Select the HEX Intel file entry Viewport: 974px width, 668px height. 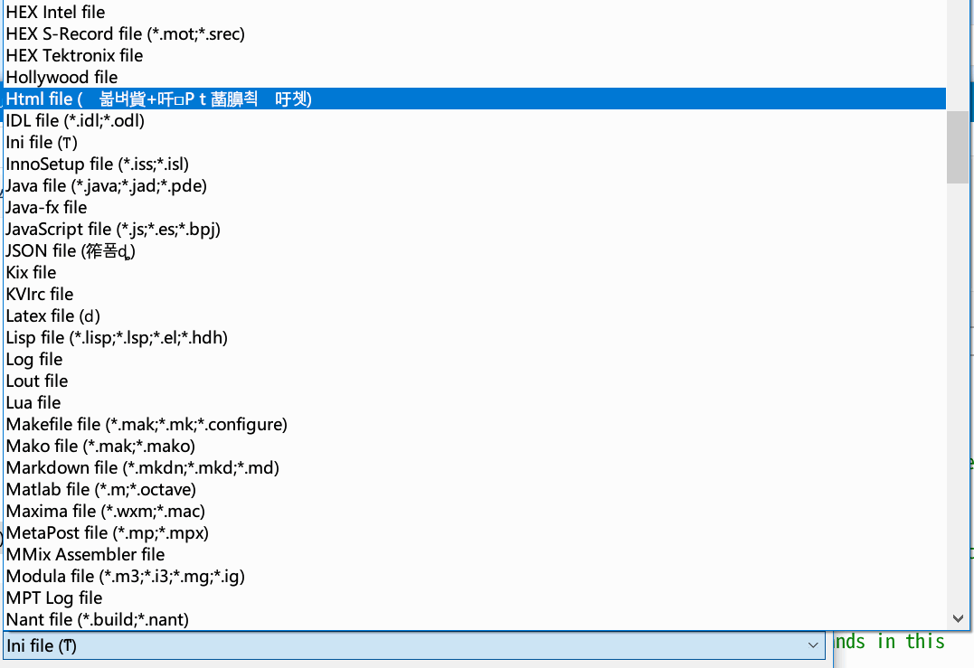click(55, 13)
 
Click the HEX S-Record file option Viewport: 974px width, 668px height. click(125, 34)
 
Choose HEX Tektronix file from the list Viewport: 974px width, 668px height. click(74, 56)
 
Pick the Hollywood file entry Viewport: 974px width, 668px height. click(61, 78)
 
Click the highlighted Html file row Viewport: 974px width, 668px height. click(158, 99)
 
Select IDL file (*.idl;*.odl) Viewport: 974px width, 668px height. click(75, 121)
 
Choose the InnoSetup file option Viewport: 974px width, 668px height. click(97, 165)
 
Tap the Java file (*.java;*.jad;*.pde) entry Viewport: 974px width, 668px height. click(106, 186)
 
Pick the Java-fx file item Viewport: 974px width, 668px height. click(46, 208)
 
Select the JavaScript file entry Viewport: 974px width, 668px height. click(113, 230)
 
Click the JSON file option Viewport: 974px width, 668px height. click(71, 251)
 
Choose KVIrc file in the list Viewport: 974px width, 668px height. click(40, 295)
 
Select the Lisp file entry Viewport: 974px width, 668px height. click(117, 338)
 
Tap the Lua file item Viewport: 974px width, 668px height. click(33, 403)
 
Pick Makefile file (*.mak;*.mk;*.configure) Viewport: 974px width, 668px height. click(147, 425)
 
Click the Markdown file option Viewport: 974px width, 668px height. click(142, 468)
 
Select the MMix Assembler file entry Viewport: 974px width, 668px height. click(85, 555)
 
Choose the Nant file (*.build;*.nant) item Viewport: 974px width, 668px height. click(97, 620)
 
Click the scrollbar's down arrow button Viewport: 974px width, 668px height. click(959, 619)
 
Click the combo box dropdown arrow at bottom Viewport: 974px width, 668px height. click(811, 645)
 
